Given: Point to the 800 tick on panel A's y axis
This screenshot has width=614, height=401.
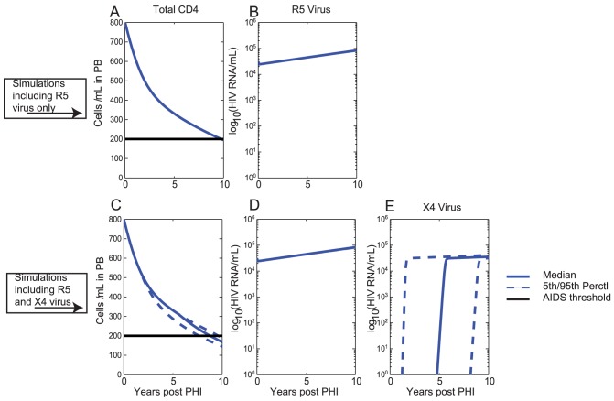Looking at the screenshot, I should [x=114, y=20].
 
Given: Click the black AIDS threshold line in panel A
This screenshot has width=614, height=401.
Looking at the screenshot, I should [x=174, y=139].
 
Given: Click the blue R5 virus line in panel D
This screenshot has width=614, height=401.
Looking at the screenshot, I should [x=305, y=255].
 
